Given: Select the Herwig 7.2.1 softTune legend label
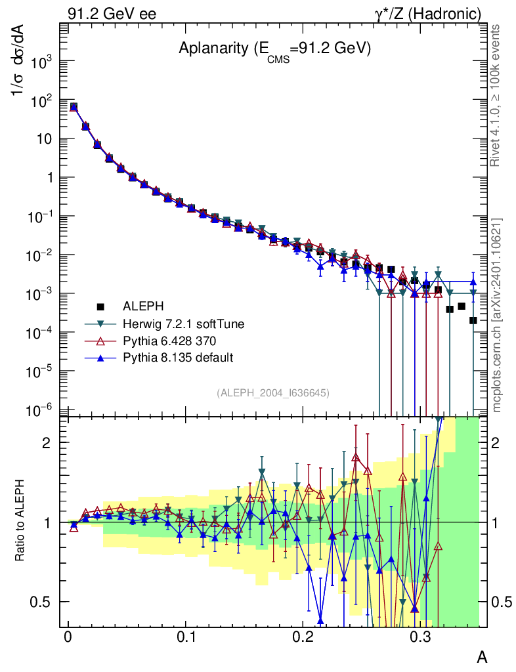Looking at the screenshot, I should click(175, 324).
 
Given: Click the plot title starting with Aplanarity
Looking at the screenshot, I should click(275, 50).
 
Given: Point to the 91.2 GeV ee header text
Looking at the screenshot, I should click(112, 13).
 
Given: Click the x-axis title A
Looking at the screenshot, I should click(481, 657).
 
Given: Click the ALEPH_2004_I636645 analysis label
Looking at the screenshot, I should click(272, 392).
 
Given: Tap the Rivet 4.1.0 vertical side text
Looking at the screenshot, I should click(497, 95).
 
